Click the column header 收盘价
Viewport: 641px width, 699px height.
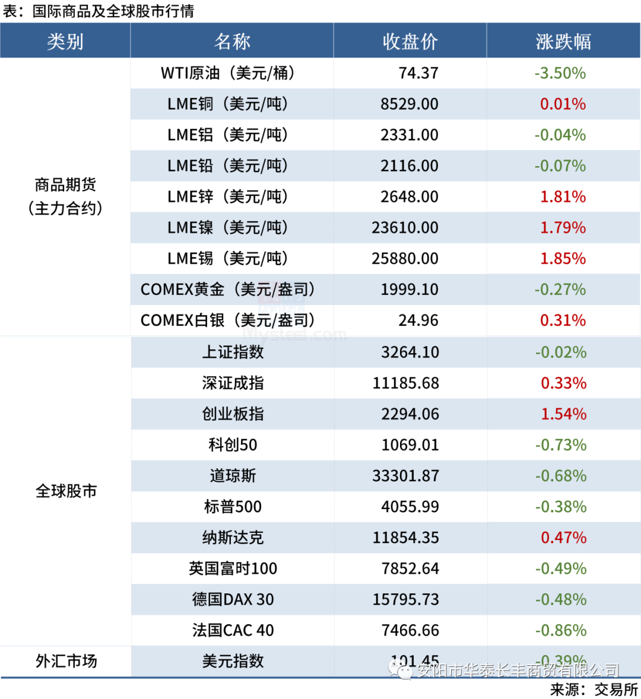click(x=410, y=42)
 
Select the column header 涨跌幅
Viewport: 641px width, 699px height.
click(x=563, y=42)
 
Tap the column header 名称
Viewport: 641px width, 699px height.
click(x=232, y=42)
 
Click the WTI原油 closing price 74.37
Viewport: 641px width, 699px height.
click(x=418, y=73)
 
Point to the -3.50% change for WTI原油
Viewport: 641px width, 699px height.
click(x=560, y=73)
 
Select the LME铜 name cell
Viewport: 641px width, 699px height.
click(x=228, y=104)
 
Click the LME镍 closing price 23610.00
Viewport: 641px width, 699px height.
click(x=405, y=227)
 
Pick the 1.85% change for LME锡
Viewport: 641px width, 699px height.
click(x=563, y=258)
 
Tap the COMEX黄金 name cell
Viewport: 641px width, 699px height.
click(x=228, y=289)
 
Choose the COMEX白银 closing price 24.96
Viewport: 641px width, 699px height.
click(x=418, y=320)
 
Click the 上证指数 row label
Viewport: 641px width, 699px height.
click(x=233, y=352)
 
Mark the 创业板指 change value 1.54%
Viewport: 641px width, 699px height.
click(x=563, y=414)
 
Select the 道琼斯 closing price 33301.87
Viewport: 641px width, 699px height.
click(x=405, y=475)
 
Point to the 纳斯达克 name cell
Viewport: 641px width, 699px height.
click(x=233, y=537)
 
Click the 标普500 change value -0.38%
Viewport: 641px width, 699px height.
click(x=560, y=506)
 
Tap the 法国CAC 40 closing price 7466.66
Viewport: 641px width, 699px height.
click(x=410, y=630)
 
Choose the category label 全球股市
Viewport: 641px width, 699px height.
click(x=66, y=491)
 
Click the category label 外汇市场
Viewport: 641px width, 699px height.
click(x=66, y=660)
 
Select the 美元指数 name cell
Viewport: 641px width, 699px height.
click(x=233, y=660)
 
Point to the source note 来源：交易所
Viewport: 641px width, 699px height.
click(x=594, y=689)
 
